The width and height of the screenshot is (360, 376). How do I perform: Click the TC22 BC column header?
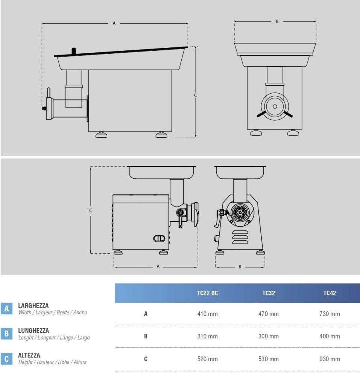(x=208, y=293)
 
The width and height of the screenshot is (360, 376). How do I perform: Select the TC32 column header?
(x=268, y=293)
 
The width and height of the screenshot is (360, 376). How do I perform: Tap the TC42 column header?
(x=330, y=293)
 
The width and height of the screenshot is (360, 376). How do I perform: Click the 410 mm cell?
(x=208, y=314)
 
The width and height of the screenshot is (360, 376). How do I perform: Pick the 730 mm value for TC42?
(x=330, y=314)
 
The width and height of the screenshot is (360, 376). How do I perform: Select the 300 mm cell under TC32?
(x=268, y=337)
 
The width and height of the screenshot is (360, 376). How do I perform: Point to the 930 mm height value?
(x=330, y=359)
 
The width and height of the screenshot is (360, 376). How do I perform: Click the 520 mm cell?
(x=208, y=359)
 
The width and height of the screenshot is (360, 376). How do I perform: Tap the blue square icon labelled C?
(x=6, y=359)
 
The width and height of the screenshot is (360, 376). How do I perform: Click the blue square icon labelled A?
(x=6, y=308)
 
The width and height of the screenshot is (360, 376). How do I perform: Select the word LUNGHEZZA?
(x=33, y=331)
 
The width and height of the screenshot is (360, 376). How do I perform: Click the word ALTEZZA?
(x=29, y=355)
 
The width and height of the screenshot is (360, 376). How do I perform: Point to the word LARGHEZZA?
(x=33, y=305)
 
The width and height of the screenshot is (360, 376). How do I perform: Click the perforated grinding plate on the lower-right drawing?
(x=240, y=212)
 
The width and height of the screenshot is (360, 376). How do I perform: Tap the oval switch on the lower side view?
(x=159, y=238)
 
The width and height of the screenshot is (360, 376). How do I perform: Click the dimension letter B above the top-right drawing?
(x=277, y=21)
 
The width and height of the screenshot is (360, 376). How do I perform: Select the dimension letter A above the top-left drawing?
(x=114, y=23)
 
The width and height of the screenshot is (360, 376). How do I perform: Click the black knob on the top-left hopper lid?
(x=74, y=51)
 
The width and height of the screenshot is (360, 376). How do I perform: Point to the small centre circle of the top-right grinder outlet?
(x=275, y=106)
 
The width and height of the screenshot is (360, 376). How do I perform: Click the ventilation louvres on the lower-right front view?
(x=240, y=237)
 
